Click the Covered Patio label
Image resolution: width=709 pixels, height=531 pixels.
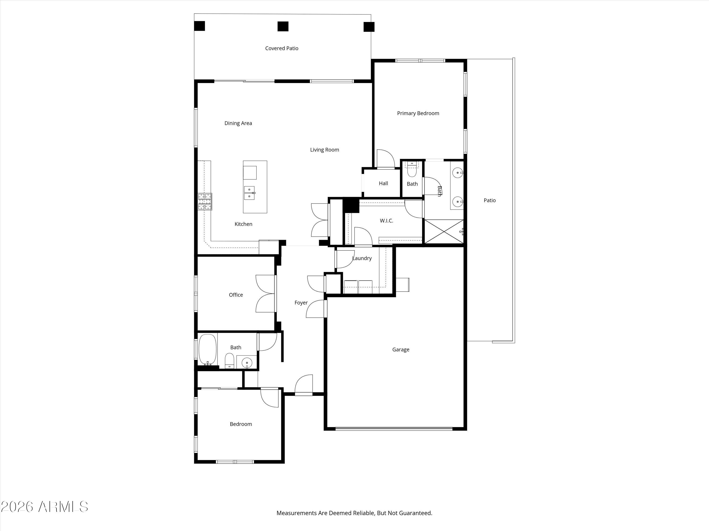pyautogui.click(x=282, y=48)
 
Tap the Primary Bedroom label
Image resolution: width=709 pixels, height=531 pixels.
pyautogui.click(x=418, y=113)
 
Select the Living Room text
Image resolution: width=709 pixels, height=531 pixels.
pyautogui.click(x=324, y=150)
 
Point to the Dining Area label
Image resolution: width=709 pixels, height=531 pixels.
pyautogui.click(x=238, y=123)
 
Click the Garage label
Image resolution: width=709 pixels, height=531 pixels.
pyautogui.click(x=401, y=350)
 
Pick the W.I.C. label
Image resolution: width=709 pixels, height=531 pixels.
pyautogui.click(x=387, y=221)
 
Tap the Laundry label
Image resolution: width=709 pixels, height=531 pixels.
pyautogui.click(x=362, y=258)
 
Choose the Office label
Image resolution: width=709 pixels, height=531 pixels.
pyautogui.click(x=236, y=295)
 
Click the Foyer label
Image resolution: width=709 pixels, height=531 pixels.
pyautogui.click(x=301, y=303)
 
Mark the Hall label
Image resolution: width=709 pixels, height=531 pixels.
pyautogui.click(x=383, y=183)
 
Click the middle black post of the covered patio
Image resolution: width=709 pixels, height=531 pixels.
pyautogui.click(x=283, y=26)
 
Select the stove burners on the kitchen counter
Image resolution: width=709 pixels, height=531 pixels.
pyautogui.click(x=205, y=202)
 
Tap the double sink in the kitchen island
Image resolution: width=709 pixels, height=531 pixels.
pyautogui.click(x=249, y=193)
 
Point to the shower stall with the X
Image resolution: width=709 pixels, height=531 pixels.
pyautogui.click(x=444, y=232)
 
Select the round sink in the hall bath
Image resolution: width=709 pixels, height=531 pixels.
pyautogui.click(x=247, y=363)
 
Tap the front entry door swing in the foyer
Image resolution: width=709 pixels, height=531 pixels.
pyautogui.click(x=303, y=385)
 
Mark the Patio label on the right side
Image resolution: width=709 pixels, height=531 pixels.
pyautogui.click(x=489, y=200)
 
